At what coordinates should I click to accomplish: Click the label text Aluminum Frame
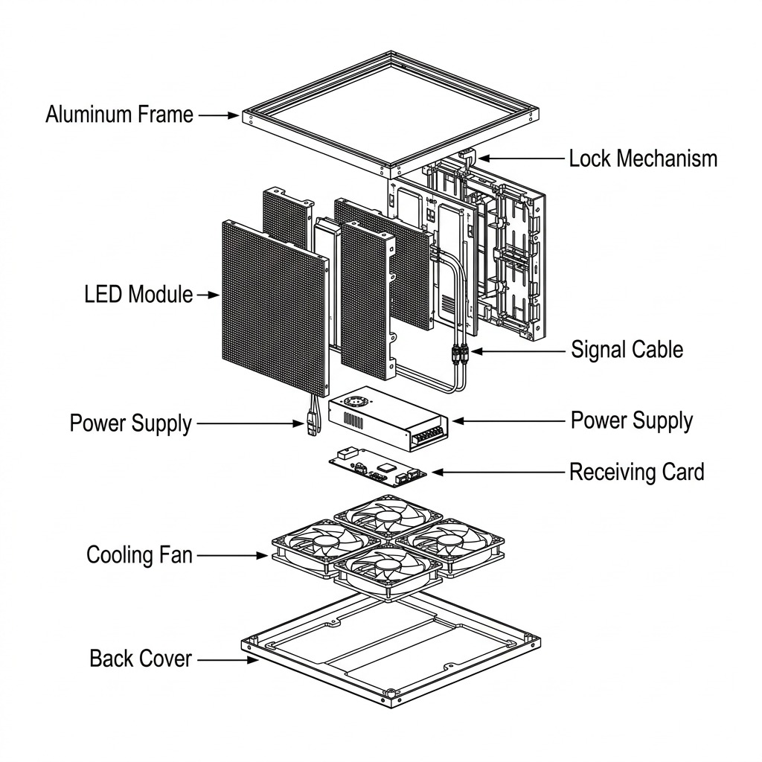(119, 115)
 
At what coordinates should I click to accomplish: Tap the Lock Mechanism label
(643, 159)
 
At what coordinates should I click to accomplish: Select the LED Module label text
(138, 294)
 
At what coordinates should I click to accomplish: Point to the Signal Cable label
(627, 349)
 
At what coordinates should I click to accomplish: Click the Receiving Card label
(636, 472)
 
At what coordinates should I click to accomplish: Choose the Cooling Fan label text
(139, 554)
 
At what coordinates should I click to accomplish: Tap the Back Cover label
(141, 659)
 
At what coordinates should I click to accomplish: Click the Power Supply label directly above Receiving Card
(631, 420)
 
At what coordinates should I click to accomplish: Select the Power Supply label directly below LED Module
(130, 423)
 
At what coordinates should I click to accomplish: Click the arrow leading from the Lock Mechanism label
(521, 159)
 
